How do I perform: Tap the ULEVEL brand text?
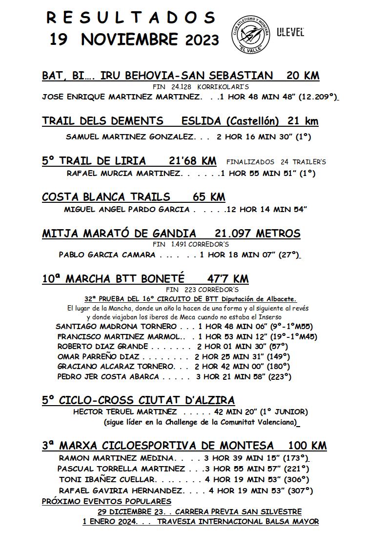coord(290,33)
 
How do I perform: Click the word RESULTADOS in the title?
coord(131,18)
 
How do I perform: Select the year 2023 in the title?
coord(202,40)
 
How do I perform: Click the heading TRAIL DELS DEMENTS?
coord(102,121)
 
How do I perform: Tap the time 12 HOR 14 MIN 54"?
coord(267,210)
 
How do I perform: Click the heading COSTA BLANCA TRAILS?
coord(106,197)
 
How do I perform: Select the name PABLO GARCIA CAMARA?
coord(107,254)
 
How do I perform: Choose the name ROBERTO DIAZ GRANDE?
coord(102,346)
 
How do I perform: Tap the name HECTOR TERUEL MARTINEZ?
coord(118,412)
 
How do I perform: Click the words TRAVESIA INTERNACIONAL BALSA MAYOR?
coord(238,522)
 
